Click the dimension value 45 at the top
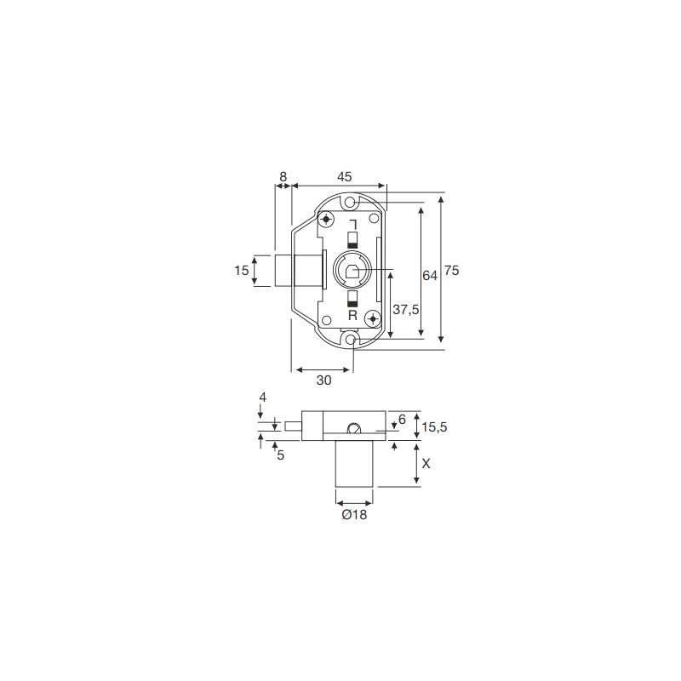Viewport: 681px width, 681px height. pyautogui.click(x=344, y=177)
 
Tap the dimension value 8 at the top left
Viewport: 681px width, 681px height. pyautogui.click(x=283, y=177)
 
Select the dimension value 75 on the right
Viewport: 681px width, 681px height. pyautogui.click(x=452, y=271)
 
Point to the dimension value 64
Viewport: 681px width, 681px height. pyautogui.click(x=430, y=275)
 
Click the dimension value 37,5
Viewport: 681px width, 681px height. pyautogui.click(x=406, y=310)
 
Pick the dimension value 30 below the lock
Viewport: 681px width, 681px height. pyautogui.click(x=323, y=380)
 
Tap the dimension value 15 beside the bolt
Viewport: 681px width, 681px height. pyautogui.click(x=242, y=271)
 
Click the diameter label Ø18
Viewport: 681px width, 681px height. pyautogui.click(x=354, y=515)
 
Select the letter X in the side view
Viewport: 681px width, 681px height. pyautogui.click(x=426, y=464)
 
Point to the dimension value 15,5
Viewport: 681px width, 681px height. pyautogui.click(x=434, y=427)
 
